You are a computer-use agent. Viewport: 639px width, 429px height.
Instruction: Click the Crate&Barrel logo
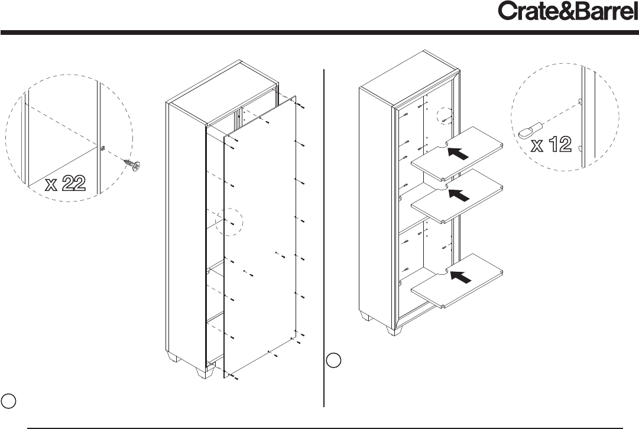coord(568,11)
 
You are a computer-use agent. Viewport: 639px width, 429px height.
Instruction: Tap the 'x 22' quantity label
coord(66,183)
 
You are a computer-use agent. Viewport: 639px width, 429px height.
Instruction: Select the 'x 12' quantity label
coord(552,145)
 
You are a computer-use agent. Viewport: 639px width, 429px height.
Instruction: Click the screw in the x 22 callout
coord(132,164)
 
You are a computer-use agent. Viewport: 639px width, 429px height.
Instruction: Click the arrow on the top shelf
coord(458,154)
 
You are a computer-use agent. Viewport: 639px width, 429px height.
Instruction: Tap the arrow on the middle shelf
coord(459,195)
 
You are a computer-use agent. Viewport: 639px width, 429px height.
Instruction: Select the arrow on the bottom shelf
coord(461,277)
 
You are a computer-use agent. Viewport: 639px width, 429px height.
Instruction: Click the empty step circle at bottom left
coord(8,401)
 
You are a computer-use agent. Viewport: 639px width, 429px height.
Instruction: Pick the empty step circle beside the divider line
coord(334,360)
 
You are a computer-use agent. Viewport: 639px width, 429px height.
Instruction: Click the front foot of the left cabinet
coord(205,372)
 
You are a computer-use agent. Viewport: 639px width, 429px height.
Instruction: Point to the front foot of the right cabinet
coord(394,330)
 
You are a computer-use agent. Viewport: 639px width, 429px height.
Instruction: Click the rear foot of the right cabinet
coord(365,316)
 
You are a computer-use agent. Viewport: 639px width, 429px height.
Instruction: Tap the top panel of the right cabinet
coord(409,77)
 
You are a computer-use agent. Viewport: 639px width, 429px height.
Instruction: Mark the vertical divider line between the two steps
coord(324,238)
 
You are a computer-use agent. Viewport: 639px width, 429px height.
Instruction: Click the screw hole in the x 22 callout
coord(102,149)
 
